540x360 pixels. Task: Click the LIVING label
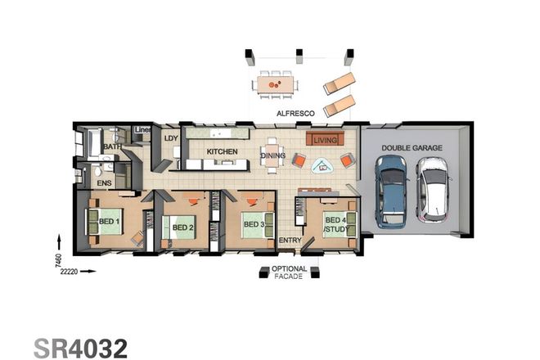point(326,140)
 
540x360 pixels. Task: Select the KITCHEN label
point(222,152)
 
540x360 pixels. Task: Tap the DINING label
point(272,155)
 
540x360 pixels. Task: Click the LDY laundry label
point(171,138)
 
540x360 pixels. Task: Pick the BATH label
point(112,146)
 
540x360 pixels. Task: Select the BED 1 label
point(110,222)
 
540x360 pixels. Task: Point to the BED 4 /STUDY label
point(335,225)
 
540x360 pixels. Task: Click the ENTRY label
point(290,241)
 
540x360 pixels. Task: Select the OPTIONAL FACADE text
point(290,273)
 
